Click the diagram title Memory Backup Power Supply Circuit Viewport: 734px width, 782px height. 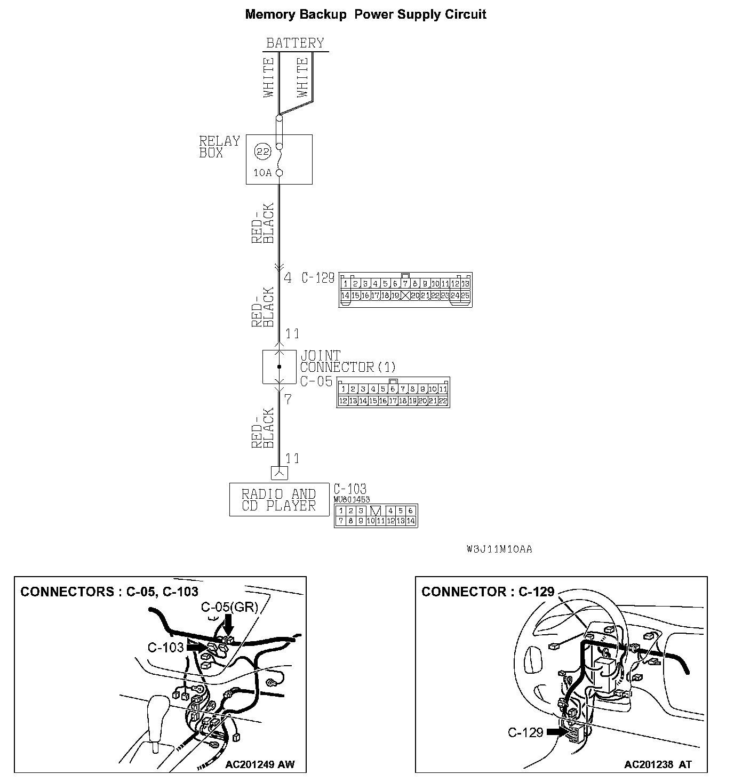[365, 14]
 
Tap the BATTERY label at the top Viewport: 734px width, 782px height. [295, 43]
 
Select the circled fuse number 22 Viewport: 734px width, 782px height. [261, 151]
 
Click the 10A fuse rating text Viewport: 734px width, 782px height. [262, 173]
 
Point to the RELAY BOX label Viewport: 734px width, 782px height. [219, 147]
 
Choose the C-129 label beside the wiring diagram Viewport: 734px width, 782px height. [318, 278]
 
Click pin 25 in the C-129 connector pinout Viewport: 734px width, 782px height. [465, 295]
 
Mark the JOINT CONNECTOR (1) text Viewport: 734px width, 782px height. [347, 361]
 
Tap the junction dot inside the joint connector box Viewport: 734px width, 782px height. [279, 367]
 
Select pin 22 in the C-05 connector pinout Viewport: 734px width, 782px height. [443, 401]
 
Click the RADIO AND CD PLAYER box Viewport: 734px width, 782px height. [279, 500]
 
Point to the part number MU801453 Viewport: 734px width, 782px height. [352, 499]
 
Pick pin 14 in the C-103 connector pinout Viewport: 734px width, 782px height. [410, 521]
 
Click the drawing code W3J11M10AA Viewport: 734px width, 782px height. [498, 549]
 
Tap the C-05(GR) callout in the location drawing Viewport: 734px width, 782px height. [229, 607]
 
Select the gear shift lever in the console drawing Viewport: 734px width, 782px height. [158, 720]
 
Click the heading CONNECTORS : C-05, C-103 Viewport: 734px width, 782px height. [109, 591]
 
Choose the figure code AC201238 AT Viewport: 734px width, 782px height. [658, 764]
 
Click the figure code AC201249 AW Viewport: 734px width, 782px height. [259, 764]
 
